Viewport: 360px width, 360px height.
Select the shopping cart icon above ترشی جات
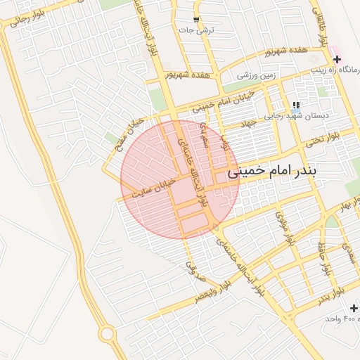click(197, 20)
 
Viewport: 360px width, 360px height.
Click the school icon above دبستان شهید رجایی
click(287, 105)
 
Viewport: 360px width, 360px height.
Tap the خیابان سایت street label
click(155, 186)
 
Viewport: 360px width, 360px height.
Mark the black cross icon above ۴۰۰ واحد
click(353, 309)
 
